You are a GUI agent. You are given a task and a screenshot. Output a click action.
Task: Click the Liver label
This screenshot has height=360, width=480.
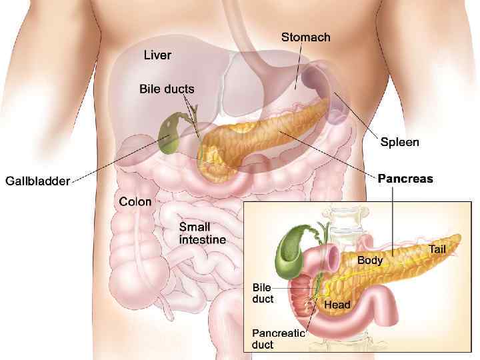(x=157, y=55)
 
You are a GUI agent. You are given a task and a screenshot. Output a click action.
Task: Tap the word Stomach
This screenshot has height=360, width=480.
(x=305, y=37)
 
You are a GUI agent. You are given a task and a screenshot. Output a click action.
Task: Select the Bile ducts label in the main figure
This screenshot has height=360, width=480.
(x=167, y=89)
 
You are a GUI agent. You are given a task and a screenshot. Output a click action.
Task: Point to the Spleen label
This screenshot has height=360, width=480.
(x=399, y=142)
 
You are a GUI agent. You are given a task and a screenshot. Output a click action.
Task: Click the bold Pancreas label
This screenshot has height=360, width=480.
(x=405, y=179)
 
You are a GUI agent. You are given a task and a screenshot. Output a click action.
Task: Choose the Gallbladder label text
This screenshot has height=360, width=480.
(x=37, y=181)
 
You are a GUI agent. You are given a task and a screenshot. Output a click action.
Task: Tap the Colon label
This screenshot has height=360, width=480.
(x=135, y=201)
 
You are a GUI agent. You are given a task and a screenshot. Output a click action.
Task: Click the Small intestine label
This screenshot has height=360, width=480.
(x=202, y=233)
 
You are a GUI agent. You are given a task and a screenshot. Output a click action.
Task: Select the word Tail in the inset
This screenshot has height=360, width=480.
(x=437, y=249)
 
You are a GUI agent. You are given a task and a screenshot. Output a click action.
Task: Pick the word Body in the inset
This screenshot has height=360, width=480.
(x=370, y=260)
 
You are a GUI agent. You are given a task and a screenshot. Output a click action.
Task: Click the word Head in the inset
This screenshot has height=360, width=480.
(x=337, y=305)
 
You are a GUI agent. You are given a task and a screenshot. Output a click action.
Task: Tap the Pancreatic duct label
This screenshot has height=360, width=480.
(x=277, y=339)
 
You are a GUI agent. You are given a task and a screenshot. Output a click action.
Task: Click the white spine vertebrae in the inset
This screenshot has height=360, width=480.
(x=345, y=220)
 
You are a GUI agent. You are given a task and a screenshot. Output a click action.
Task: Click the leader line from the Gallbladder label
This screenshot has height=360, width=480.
(x=113, y=163)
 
